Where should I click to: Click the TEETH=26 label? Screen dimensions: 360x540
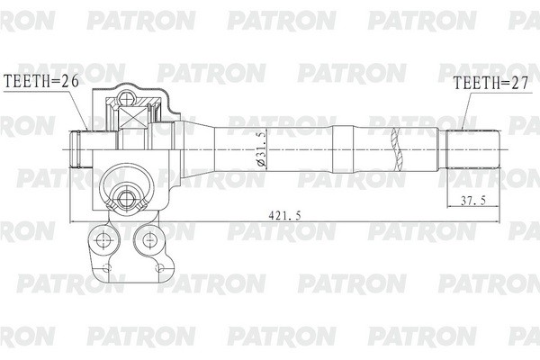point(42,82)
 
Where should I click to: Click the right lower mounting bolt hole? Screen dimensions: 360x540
point(145,239)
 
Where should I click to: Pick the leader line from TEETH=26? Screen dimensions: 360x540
point(83,108)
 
